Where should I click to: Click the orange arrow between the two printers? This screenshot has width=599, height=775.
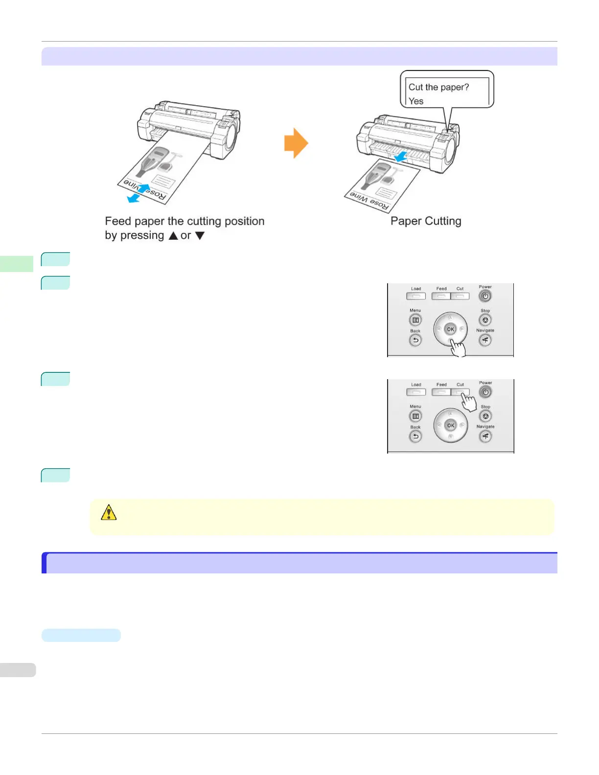[296, 143]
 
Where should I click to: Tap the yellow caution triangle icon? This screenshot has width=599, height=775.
[109, 512]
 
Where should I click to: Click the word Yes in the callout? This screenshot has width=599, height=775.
[416, 101]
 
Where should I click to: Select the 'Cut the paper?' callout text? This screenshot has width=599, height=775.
[438, 87]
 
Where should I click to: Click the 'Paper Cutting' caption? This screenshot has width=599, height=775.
[426, 221]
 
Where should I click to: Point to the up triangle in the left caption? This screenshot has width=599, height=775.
[173, 236]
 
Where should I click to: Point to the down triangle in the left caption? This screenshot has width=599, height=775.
[200, 236]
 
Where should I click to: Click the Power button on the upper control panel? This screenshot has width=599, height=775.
[485, 296]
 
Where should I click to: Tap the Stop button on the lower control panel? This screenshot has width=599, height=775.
[485, 416]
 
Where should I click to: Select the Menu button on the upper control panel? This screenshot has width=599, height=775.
[415, 320]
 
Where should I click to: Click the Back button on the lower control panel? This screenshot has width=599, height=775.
[415, 436]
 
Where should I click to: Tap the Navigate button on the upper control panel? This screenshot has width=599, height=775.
[485, 340]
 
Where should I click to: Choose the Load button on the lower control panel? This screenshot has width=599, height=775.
[416, 392]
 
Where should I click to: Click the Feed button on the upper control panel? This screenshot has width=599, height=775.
[441, 296]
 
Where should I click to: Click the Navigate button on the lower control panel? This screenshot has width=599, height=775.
[485, 436]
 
